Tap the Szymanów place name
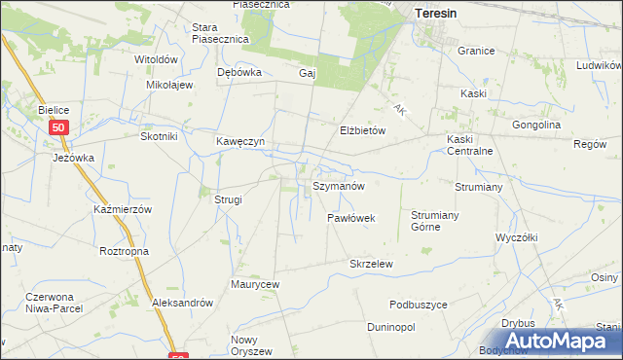(338, 185)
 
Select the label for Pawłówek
(350, 219)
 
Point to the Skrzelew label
(371, 264)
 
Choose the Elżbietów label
(363, 129)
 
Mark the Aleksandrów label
(182, 303)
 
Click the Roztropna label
(123, 250)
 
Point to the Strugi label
(228, 199)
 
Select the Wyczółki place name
(517, 237)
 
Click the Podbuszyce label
(418, 305)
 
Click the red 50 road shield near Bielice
(60, 127)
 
